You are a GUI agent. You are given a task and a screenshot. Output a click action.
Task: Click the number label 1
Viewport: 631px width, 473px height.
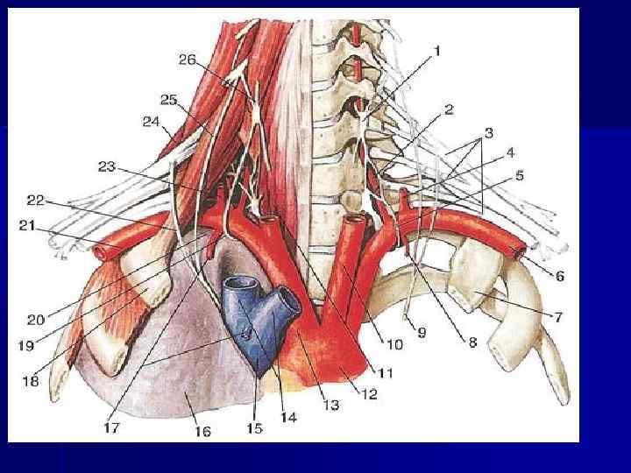(x=436, y=52)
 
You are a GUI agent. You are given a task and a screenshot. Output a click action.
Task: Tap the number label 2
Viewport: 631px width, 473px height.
(x=448, y=109)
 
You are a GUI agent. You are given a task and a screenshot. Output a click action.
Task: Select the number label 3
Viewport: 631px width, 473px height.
(x=489, y=132)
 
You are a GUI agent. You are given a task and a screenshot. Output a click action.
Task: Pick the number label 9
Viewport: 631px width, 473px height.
(x=421, y=333)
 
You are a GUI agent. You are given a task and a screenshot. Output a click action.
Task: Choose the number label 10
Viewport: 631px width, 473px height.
(x=395, y=344)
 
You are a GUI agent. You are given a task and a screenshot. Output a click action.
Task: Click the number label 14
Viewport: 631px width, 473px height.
(x=288, y=418)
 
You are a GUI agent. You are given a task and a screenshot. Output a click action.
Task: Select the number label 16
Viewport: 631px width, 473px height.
(x=202, y=431)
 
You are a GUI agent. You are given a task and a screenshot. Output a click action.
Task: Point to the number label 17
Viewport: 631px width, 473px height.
(x=112, y=428)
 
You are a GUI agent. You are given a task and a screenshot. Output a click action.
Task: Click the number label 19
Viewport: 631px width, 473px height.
(x=26, y=346)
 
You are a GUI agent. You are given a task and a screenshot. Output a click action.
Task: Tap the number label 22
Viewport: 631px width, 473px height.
(x=36, y=200)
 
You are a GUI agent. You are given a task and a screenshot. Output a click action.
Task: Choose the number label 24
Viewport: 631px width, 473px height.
(x=151, y=123)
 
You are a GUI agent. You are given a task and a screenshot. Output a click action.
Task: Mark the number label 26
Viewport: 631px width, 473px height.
(x=187, y=60)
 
